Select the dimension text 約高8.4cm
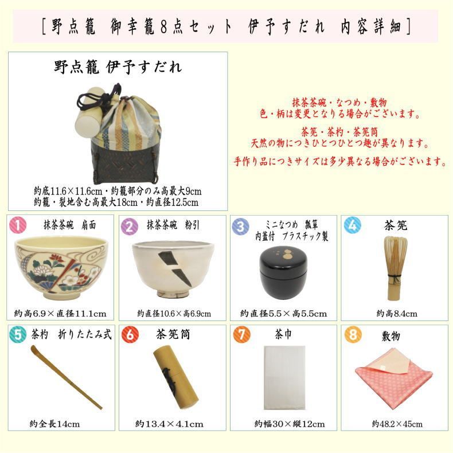396,314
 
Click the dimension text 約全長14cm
54,424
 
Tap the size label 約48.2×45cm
397,424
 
